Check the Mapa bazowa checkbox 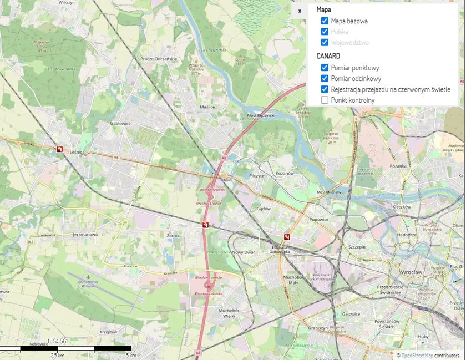[x=325, y=21]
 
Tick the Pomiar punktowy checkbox [x=325, y=68]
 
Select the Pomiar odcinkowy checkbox [x=325, y=78]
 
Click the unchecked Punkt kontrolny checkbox [x=325, y=100]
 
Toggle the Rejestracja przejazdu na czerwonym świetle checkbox [x=325, y=89]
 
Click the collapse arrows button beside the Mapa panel [x=300, y=11]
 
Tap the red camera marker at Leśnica [x=59, y=149]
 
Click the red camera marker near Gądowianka [x=287, y=237]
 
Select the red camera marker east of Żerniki [x=206, y=225]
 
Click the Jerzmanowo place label [x=85, y=235]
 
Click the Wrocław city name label [x=411, y=272]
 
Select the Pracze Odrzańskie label [x=158, y=59]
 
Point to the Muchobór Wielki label [x=232, y=313]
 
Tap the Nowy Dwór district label [x=242, y=252]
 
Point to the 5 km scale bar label [x=131, y=355]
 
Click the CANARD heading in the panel [x=328, y=56]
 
